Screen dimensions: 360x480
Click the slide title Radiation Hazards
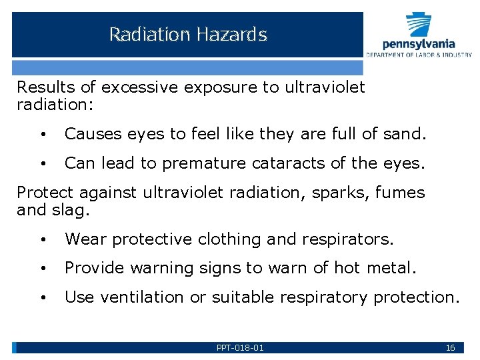188,34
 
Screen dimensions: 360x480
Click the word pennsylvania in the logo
419,44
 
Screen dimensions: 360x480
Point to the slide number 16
450,348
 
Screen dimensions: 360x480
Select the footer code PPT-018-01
240,348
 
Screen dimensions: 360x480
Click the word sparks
342,193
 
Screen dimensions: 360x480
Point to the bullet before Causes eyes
43,135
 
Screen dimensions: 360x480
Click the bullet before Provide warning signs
43,269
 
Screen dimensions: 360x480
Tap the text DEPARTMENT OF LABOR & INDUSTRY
419,55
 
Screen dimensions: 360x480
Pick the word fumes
399,193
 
